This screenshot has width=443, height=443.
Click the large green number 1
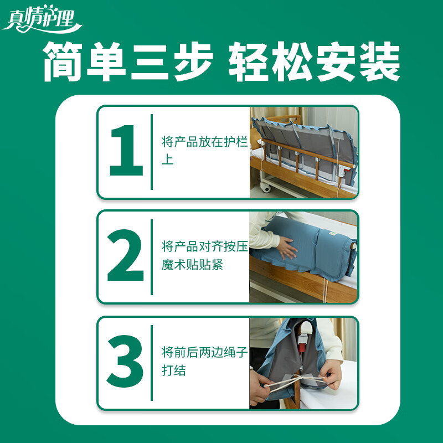pyautogui.click(x=126, y=151)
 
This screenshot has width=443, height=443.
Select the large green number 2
pyautogui.click(x=126, y=256)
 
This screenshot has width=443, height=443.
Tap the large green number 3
pyautogui.click(x=126, y=362)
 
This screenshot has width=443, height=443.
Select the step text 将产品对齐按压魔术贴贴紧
pyautogui.click(x=204, y=256)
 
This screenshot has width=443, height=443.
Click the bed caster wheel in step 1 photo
pyautogui.click(x=267, y=188)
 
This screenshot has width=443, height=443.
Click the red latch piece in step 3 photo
pyautogui.click(x=304, y=348)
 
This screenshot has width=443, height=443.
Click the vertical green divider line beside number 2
pyautogui.click(x=152, y=256)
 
